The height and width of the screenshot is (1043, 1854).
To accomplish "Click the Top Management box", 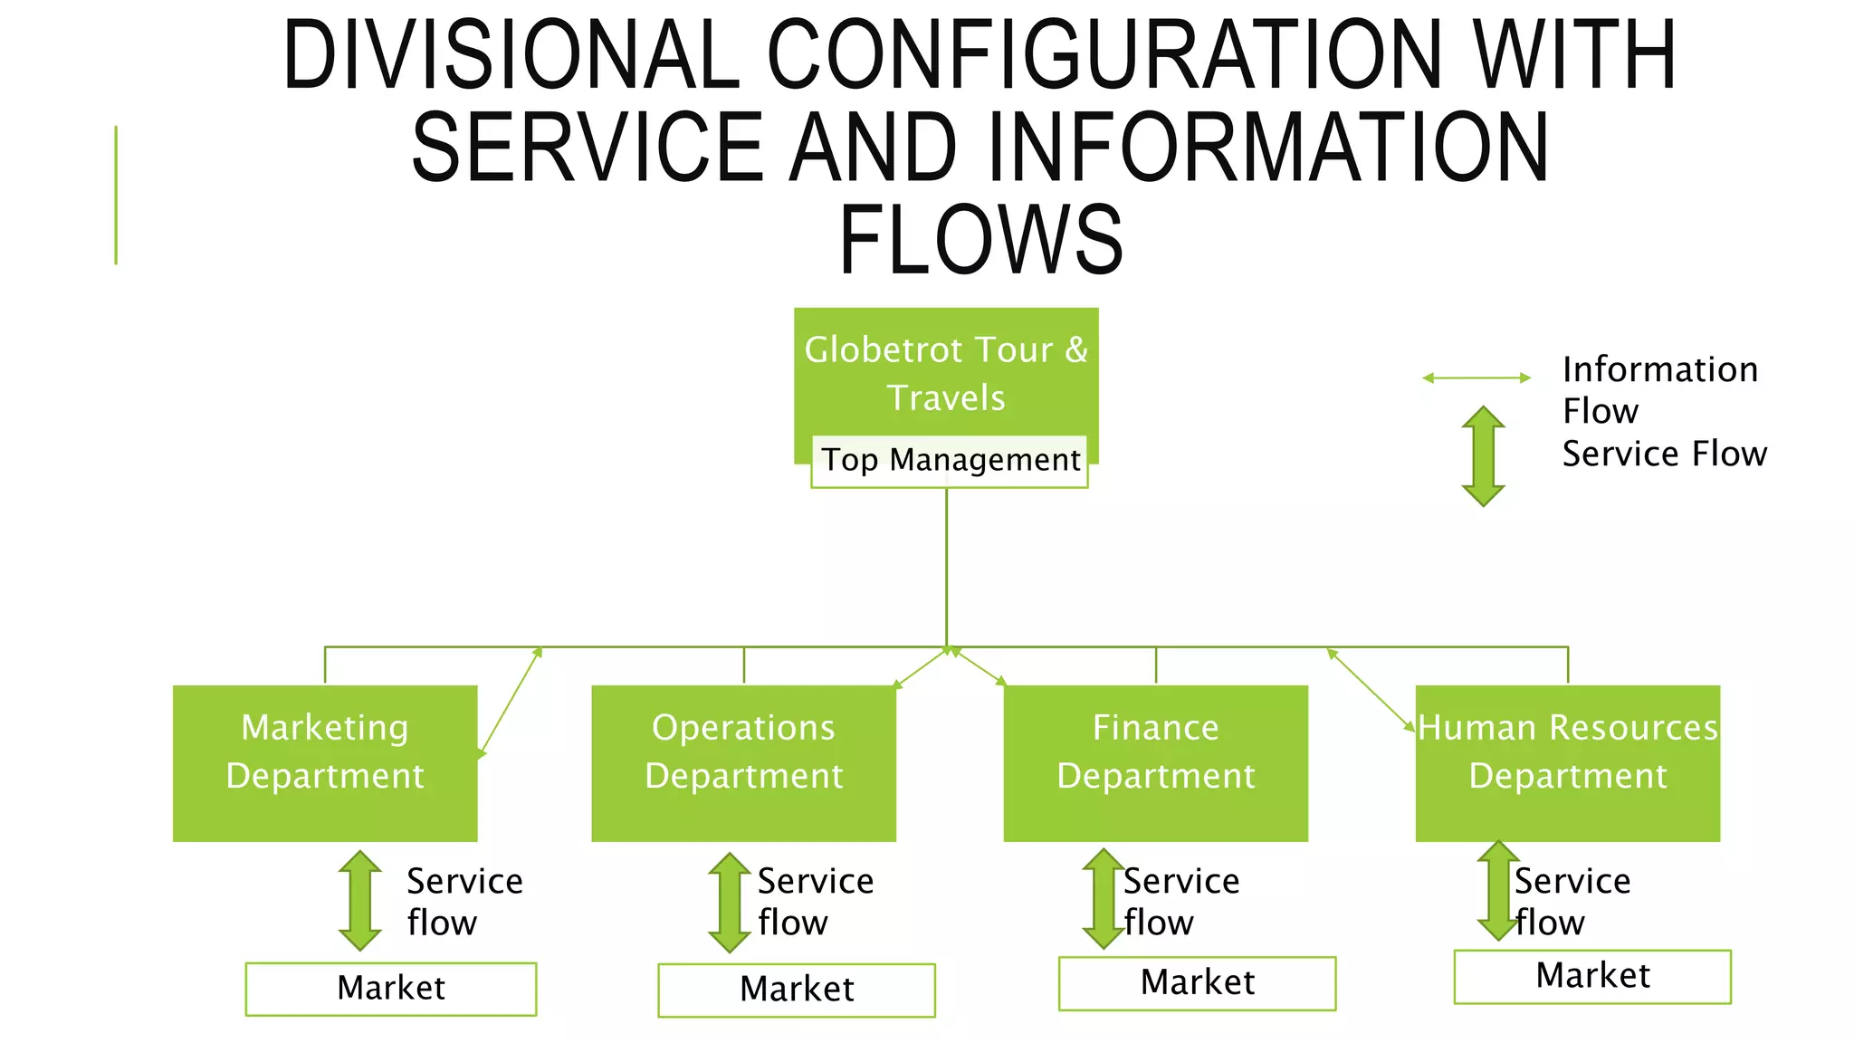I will [949, 461].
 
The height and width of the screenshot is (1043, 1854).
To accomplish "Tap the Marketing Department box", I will [325, 762].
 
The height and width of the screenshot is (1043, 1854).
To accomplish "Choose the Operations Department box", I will [743, 762].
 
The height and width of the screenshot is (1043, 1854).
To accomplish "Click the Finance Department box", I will [1155, 762].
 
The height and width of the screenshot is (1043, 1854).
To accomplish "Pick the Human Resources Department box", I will [1567, 762].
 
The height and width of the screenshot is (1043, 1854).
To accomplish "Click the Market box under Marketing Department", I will [390, 988].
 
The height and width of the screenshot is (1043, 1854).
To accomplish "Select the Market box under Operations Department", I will [796, 990].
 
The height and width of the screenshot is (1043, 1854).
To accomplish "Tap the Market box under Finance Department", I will [1197, 982].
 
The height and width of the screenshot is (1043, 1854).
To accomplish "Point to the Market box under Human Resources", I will [1592, 976].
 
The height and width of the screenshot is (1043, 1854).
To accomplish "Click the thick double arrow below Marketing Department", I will [360, 901].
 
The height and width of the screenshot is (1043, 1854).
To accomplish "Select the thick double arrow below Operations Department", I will [730, 903].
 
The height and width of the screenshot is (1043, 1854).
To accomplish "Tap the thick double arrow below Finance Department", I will [1104, 898].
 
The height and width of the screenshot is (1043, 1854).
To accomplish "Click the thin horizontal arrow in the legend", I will [1477, 378].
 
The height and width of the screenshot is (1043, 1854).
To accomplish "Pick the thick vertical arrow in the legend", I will [1483, 455].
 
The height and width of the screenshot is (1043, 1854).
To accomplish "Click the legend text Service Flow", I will [1664, 454].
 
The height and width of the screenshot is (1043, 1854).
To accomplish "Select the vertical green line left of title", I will [116, 195].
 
